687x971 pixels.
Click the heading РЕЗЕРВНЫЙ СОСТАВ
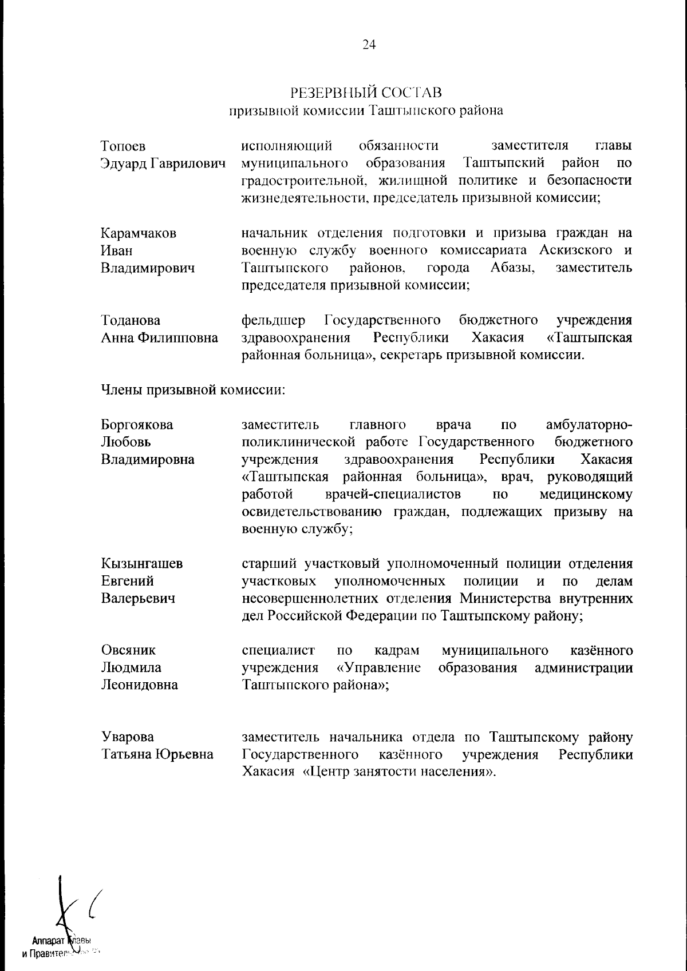pos(366,92)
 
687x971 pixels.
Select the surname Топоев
pos(123,146)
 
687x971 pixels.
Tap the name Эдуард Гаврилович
pos(161,164)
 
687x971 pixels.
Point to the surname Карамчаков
pos(139,233)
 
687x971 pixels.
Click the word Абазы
pos(512,268)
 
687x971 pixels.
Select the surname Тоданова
pos(131,320)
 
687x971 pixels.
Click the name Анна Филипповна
pos(159,338)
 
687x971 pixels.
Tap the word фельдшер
pos(273,320)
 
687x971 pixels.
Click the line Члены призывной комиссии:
pos(193,391)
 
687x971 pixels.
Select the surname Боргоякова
pos(137,425)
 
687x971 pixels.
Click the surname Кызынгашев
pos(142,564)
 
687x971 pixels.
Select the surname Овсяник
pos(128,650)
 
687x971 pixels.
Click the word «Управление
pos(378,668)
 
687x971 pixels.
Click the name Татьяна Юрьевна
pos(157,755)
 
